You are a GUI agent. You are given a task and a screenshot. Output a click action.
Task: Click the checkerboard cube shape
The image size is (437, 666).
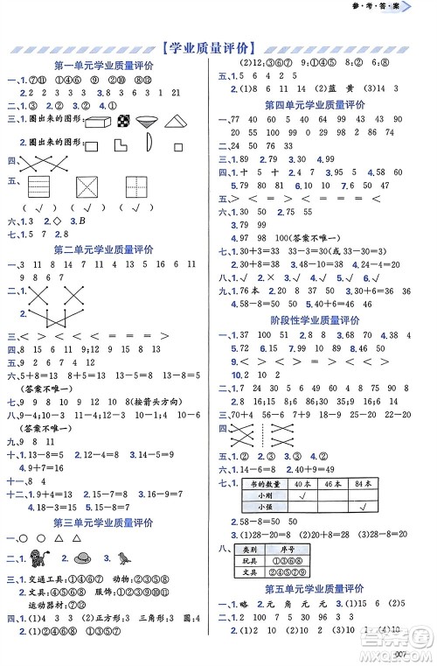coord(127,120)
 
